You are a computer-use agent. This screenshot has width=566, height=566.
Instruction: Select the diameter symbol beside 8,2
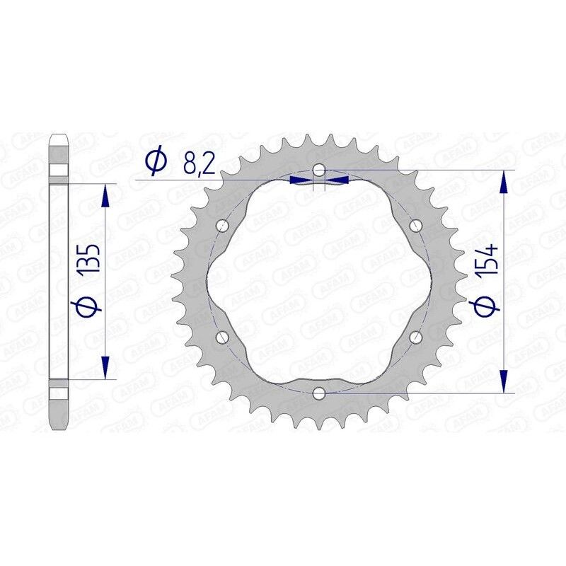[x=156, y=162]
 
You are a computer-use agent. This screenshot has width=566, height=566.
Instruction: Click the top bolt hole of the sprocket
[x=320, y=170]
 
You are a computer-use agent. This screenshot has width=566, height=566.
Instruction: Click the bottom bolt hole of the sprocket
[x=320, y=391]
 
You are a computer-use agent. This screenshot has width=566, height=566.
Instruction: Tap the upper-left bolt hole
[x=224, y=226]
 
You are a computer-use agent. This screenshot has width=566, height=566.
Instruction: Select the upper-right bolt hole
[x=415, y=226]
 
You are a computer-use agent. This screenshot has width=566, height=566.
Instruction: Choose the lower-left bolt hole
[x=224, y=336]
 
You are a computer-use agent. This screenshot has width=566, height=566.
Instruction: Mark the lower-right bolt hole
[x=415, y=336]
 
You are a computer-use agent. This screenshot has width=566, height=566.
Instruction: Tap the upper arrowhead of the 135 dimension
[x=106, y=195]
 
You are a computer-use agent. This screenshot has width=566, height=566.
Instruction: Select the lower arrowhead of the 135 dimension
[x=106, y=368]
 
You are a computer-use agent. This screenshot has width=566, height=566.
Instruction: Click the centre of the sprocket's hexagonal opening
[x=320, y=281]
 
